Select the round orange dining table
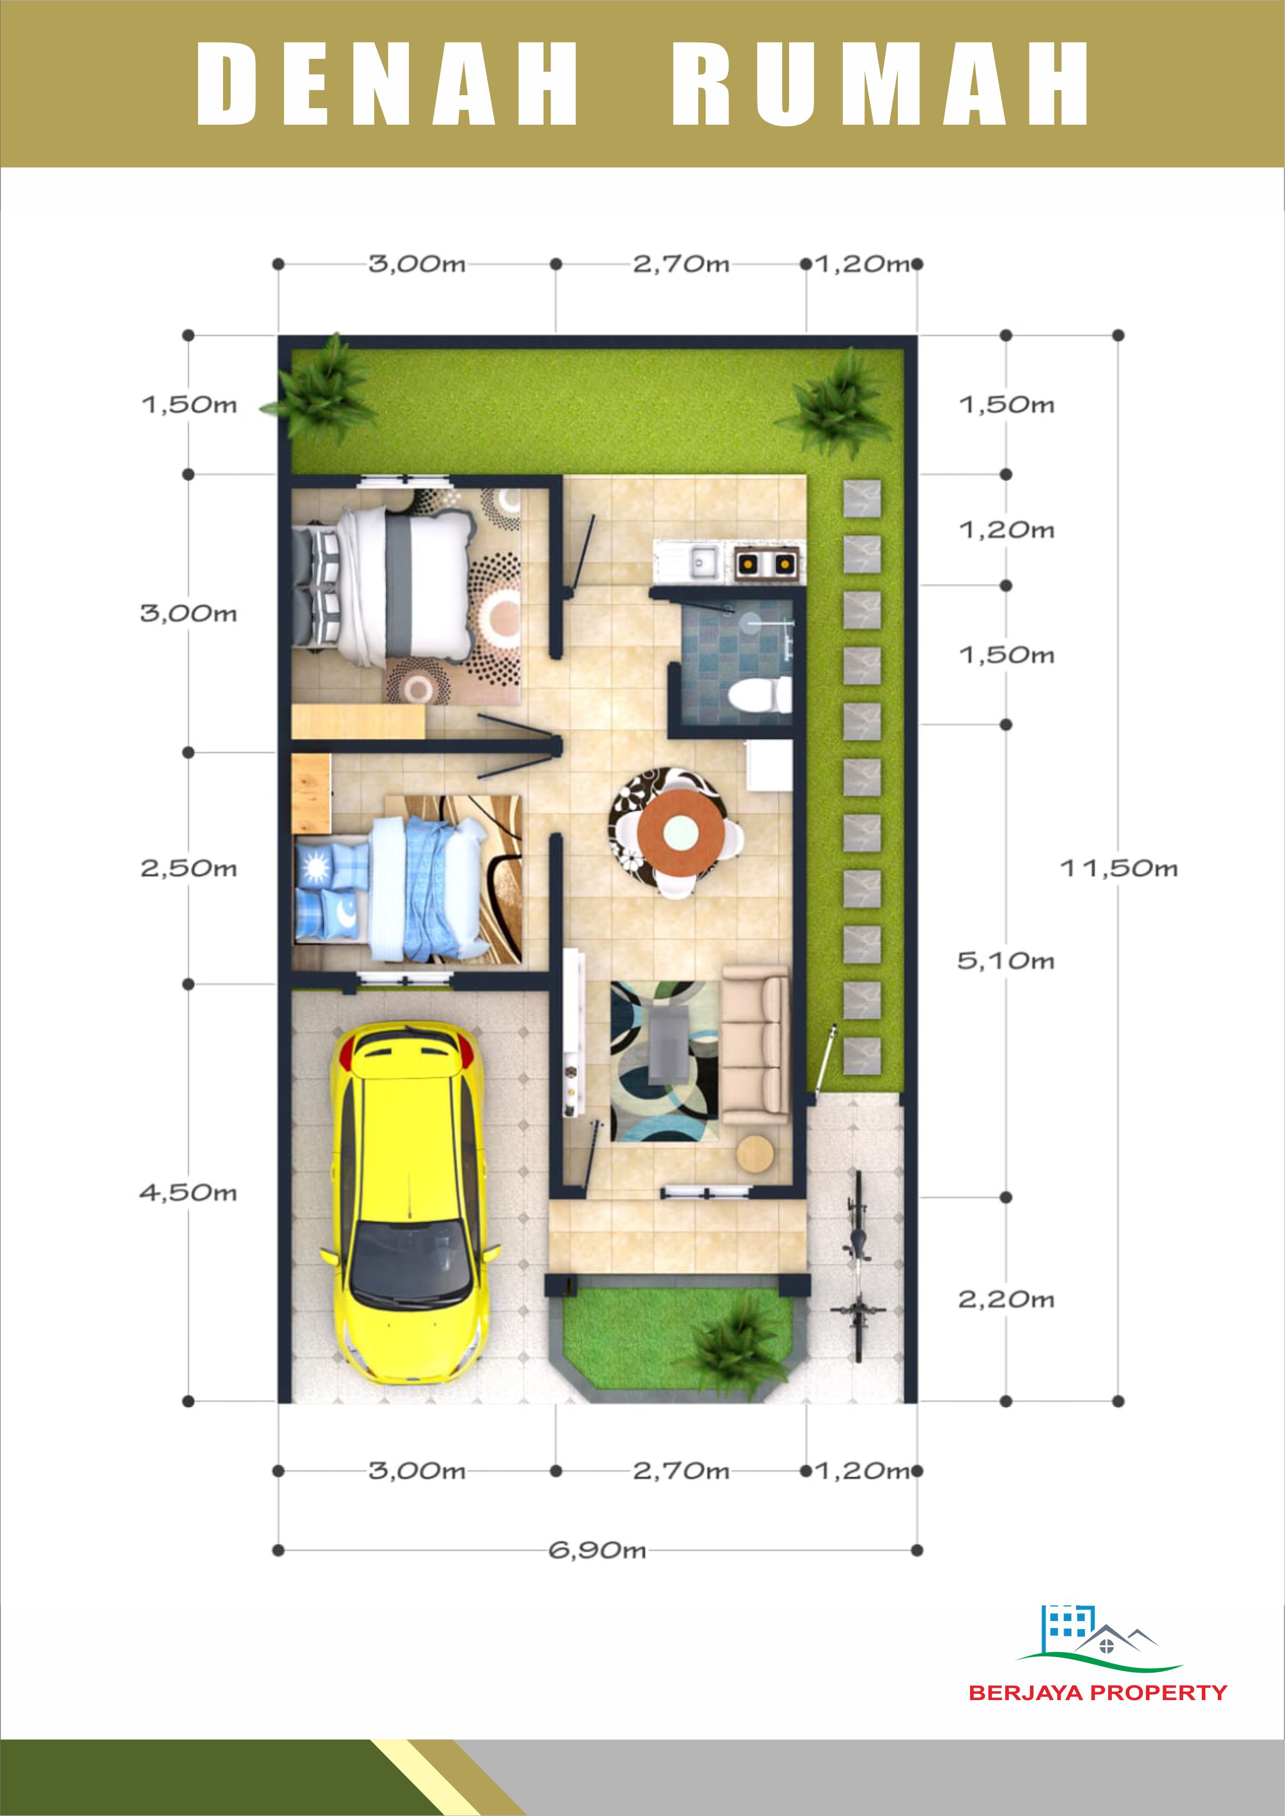coord(681,831)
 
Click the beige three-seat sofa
coord(755,1045)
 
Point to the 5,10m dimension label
coord(1006,961)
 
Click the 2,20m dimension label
coord(1006,1299)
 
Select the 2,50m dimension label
coord(188,868)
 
